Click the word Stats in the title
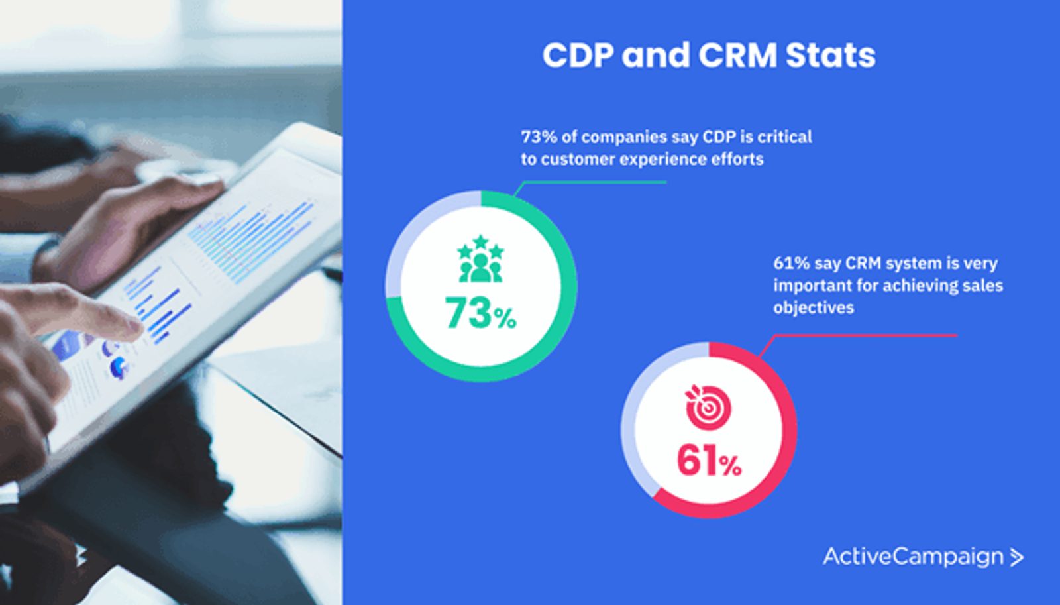coord(830,56)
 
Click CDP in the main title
coord(578,56)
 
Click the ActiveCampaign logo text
coord(913,557)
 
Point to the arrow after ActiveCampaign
coord(1017,557)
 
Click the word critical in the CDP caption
coord(784,137)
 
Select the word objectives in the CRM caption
coord(814,307)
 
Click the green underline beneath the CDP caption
coord(596,182)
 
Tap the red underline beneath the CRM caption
coord(868,335)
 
